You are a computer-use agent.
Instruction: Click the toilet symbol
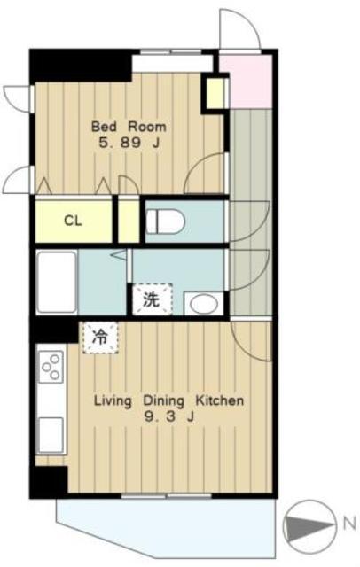tap(165, 221)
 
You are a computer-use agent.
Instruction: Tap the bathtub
tap(57, 283)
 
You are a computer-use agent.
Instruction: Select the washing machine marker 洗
tap(152, 299)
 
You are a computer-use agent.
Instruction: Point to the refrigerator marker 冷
tap(100, 338)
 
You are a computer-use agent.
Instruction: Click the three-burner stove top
tap(51, 367)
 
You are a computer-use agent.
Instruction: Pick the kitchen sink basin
tap(51, 434)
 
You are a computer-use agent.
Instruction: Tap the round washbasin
tap(204, 304)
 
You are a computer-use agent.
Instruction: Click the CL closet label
tap(73, 221)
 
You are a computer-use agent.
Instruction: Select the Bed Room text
tap(129, 127)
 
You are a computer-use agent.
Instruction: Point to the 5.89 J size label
tap(129, 143)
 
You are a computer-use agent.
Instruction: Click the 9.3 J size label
tap(169, 417)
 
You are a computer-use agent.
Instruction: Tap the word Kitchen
tap(220, 400)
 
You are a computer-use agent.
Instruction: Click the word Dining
tap(164, 401)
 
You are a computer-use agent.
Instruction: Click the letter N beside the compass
tap(349, 524)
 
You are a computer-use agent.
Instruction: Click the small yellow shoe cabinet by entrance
tap(215, 93)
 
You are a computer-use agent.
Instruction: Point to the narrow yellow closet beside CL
tap(129, 221)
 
